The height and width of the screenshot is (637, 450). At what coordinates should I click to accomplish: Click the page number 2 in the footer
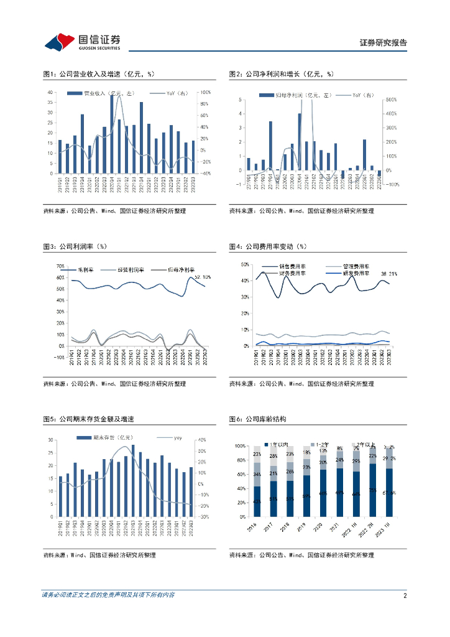pyautogui.click(x=405, y=595)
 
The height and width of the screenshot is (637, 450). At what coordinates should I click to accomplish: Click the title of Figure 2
pyautogui.click(x=282, y=74)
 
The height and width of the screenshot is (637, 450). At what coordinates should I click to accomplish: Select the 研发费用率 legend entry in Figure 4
pyautogui.click(x=356, y=273)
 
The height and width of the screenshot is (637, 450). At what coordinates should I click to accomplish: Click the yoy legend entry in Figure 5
pyautogui.click(x=177, y=439)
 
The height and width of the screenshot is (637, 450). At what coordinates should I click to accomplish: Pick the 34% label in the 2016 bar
pyautogui.click(x=257, y=475)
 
